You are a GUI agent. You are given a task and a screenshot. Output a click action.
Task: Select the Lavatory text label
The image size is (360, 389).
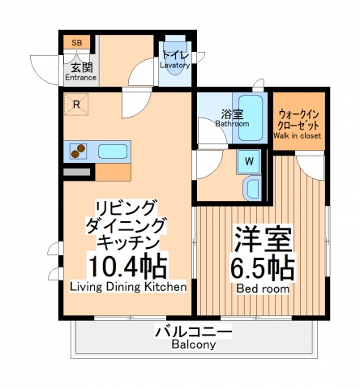coord(174,65)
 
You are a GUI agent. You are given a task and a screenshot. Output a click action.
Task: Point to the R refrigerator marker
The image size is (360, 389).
coord(76,105)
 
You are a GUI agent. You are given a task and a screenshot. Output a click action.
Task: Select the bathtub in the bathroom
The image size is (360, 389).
coord(253,119)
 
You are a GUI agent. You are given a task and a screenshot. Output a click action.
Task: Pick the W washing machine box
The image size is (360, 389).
coord(250,160)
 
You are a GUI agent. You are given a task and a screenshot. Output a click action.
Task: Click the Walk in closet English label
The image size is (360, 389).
coord(297,135)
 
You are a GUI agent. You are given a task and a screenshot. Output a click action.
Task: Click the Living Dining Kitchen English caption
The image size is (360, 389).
coord(128,287)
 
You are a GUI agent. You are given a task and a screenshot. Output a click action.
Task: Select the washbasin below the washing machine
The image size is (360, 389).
coord(251,189)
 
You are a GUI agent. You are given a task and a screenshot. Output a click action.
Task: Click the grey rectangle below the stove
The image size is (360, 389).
coord(78,171)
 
